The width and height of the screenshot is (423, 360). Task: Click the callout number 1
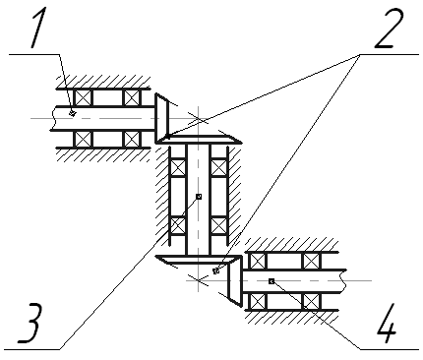coord(37,29)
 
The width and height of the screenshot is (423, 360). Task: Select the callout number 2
coord(390,29)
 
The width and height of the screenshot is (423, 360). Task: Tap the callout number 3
coord(30,324)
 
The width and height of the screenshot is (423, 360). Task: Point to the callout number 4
coord(387,324)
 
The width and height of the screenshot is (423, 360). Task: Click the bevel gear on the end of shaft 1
coord(161,118)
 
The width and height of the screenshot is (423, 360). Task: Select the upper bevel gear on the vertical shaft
coord(199,139)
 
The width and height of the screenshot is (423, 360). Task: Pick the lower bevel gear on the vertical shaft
coord(199,259)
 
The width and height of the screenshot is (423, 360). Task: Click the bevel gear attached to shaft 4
coord(235,281)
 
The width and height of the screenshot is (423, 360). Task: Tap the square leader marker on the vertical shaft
coord(199,197)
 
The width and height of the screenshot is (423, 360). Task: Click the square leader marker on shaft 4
coord(272,281)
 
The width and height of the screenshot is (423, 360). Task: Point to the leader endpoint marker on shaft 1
coord(73,113)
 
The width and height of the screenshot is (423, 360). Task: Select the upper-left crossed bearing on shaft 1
coord(83,97)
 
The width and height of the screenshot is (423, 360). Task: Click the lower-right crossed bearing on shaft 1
coord(132,139)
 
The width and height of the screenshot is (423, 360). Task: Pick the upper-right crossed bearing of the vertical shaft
coord(218,167)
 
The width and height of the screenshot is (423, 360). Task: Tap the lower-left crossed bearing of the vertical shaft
coord(178,225)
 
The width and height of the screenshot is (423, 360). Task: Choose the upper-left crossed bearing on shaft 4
coord(258,261)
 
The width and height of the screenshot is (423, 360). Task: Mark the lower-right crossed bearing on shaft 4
coord(312,301)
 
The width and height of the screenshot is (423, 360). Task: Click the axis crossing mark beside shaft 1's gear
coord(199,118)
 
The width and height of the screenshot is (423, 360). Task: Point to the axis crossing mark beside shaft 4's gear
coord(199,280)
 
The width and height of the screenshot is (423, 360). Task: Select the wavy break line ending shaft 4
coord(344,281)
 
